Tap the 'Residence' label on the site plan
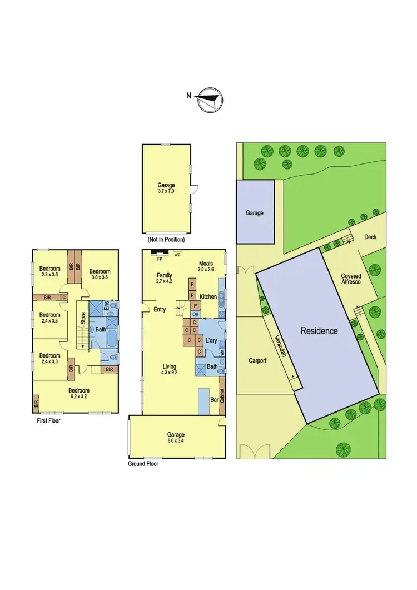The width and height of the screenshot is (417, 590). pos(319,331)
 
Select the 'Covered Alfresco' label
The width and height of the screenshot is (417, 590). pos(351,279)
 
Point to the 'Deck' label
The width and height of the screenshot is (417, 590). pos(370,237)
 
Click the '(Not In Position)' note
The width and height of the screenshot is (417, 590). pos(166,240)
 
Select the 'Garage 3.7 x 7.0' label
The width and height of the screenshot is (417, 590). pos(166,188)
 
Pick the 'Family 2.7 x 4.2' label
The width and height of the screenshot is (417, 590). pos(164,279)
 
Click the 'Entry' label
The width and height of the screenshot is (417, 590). pos(160,309)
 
